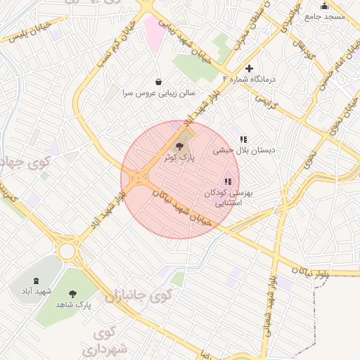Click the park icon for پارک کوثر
[x=180, y=146]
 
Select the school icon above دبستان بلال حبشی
[x=243, y=139]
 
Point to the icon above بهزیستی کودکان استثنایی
[x=227, y=181]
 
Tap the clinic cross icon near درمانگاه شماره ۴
[x=248, y=68]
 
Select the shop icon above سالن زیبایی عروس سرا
[x=158, y=82]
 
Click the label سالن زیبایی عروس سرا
[x=158, y=93]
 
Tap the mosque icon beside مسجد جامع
[x=324, y=6]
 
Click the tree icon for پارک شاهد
[x=73, y=293]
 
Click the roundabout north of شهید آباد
[x=67, y=250]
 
